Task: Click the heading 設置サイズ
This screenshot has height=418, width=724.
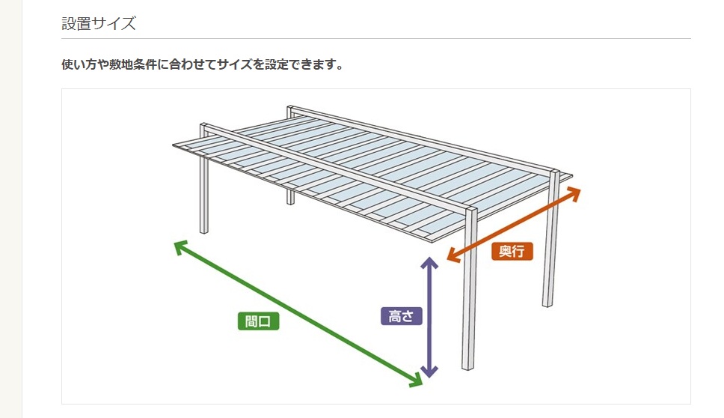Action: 99,23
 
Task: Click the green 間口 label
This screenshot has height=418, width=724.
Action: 259,321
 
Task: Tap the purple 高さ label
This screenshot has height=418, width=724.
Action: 401,316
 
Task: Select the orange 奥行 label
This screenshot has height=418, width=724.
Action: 512,251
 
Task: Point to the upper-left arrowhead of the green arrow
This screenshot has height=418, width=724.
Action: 180,246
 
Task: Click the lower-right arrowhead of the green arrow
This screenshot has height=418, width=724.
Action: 417,381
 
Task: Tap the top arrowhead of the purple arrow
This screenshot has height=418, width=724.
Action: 429,261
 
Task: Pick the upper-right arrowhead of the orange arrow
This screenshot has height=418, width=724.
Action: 575,192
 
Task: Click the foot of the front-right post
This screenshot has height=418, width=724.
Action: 467,367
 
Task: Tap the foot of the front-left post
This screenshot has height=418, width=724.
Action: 203,231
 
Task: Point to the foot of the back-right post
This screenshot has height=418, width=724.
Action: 547,304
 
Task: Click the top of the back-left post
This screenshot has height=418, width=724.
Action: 290,108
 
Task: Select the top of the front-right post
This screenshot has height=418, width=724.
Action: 471,208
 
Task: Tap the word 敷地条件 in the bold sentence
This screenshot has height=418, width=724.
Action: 133,64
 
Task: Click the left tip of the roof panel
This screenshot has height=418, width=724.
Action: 174,145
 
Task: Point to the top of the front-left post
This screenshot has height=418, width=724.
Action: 204,125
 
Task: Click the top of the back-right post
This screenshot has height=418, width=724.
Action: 554,173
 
